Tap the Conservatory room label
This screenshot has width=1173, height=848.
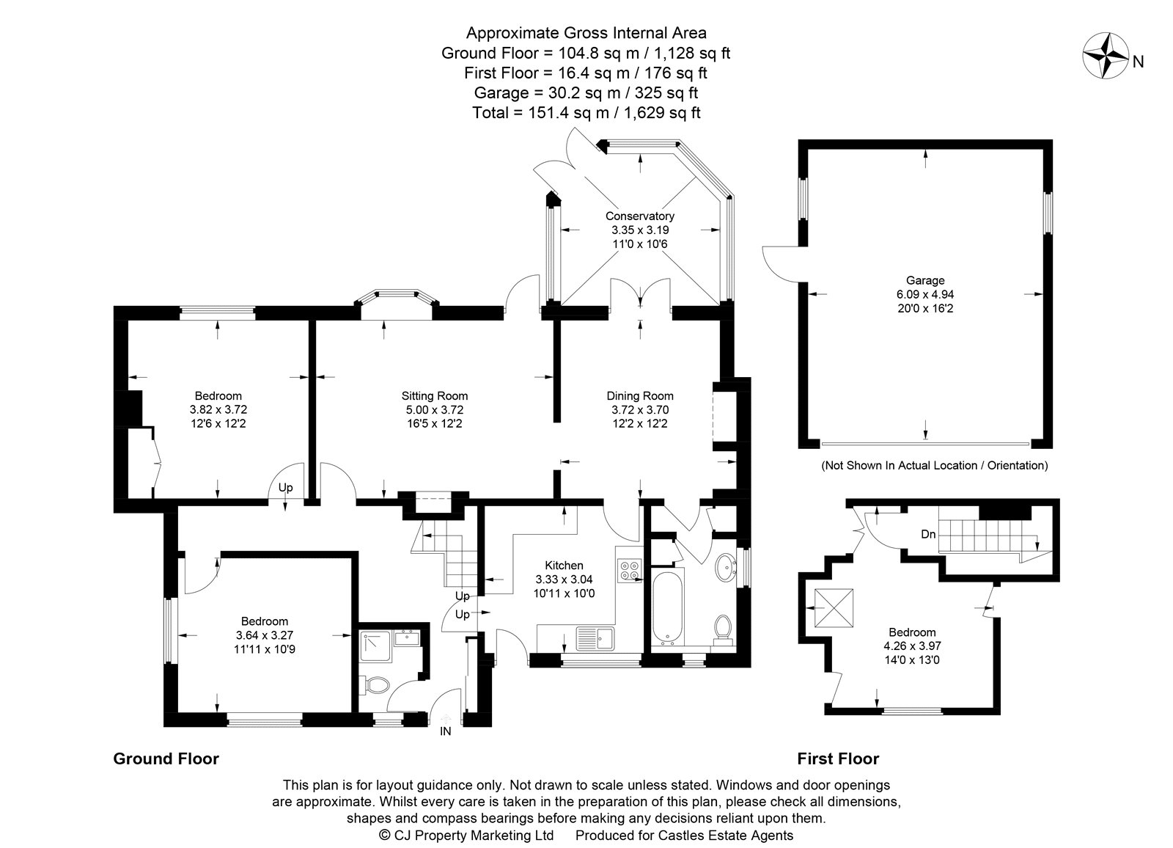pos(639,216)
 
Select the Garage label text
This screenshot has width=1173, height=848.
pos(924,280)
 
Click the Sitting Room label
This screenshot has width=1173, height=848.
pos(434,396)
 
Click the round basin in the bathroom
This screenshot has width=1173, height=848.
pos(726,566)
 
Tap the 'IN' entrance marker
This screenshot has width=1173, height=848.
pos(445,731)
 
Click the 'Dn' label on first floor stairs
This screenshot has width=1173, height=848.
pos(928,534)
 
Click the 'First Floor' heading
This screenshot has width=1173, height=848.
pos(838,759)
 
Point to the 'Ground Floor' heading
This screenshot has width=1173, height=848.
pos(166,759)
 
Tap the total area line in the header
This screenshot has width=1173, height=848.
pos(586,113)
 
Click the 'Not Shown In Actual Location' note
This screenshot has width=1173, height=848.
pos(934,465)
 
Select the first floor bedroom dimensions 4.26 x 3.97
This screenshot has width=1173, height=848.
pos(912,646)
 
